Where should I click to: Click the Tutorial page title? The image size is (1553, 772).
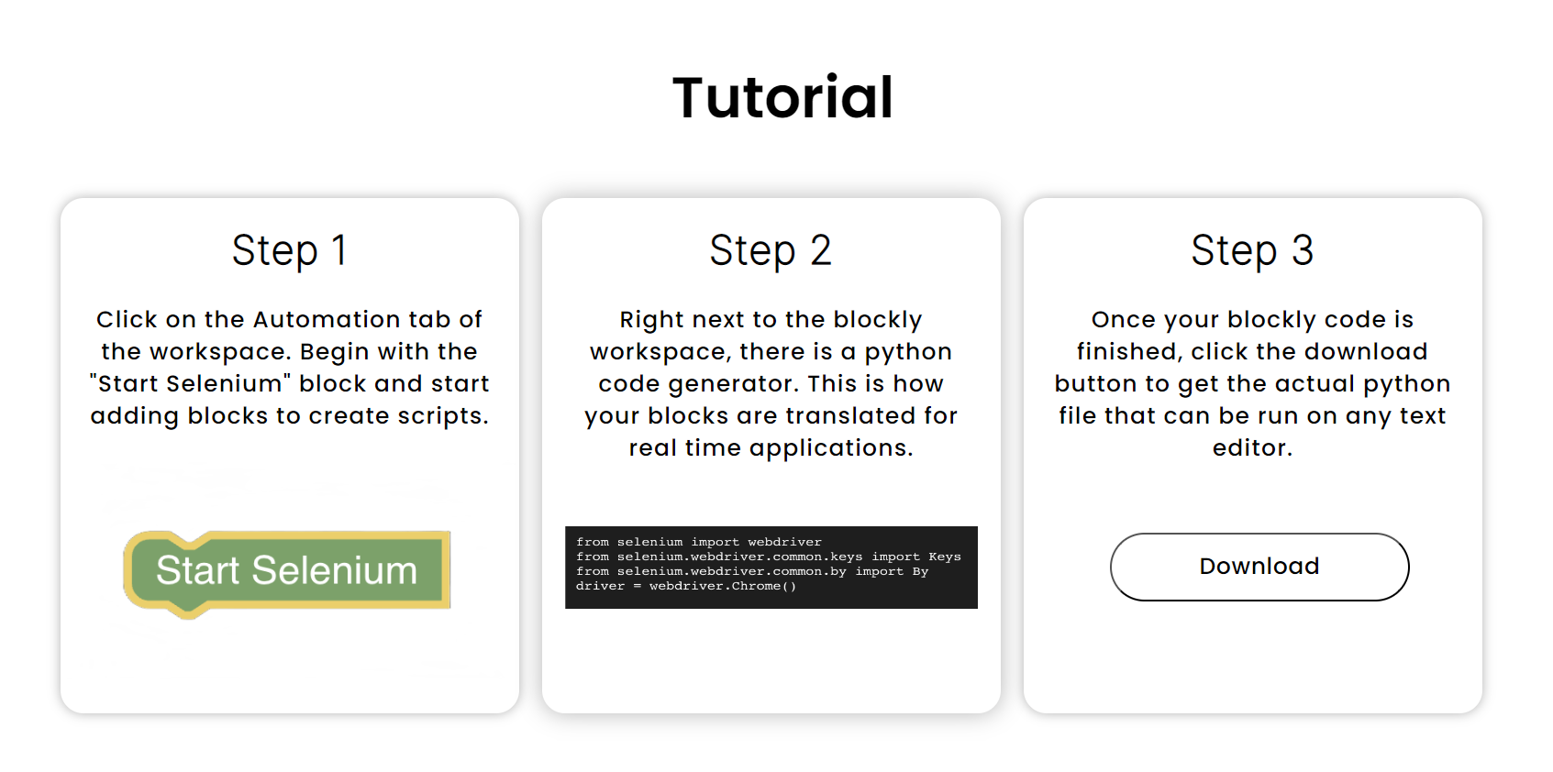pos(782,98)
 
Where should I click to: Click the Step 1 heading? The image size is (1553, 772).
pos(289,250)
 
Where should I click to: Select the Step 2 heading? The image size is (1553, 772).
pos(771,250)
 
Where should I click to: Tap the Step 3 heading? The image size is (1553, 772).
pos(1252,250)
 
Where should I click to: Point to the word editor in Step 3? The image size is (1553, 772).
pos(1252,447)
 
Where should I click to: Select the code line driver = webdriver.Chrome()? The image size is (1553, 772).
pos(685,586)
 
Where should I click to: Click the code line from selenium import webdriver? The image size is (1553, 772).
pos(698,542)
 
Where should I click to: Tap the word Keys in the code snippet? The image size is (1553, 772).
pos(944,557)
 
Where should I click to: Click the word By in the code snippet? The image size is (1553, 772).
pos(920,572)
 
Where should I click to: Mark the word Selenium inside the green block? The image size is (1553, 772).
pos(334,570)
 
